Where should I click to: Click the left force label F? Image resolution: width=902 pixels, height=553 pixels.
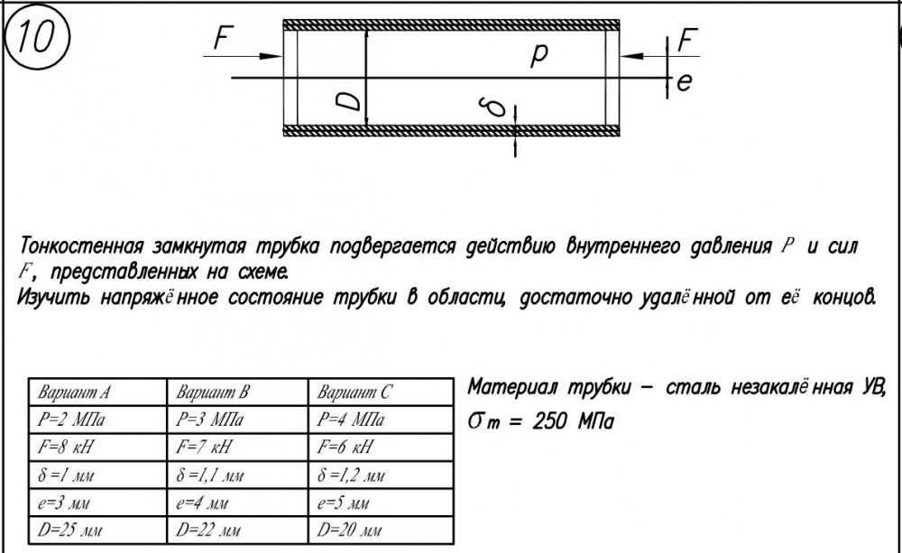coord(223,39)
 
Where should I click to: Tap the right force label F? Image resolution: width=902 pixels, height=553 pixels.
coord(686,40)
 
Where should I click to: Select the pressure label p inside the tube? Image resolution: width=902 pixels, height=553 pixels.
coord(539,55)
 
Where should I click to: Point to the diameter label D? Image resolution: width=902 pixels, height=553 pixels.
coord(348,101)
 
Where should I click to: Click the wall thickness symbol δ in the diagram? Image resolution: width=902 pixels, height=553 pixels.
coord(494,107)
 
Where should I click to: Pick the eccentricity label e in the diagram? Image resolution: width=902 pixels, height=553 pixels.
coord(684,82)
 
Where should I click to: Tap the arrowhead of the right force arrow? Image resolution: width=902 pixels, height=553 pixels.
coord(631,57)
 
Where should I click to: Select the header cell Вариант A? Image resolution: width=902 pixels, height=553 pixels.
coord(74,392)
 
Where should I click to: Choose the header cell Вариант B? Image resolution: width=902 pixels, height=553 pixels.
coord(212,392)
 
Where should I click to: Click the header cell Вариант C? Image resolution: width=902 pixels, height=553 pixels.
coord(354,392)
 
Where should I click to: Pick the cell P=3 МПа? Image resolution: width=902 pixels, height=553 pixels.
coord(209,419)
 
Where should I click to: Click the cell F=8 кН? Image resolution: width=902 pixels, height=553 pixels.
coord(65,447)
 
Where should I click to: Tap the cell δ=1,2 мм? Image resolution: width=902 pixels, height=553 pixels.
coord(350,475)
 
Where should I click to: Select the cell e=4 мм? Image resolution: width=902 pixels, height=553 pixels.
coord(202,503)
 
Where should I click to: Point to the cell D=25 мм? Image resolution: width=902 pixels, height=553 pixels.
coord(69,530)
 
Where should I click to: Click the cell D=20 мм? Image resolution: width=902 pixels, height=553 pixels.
coord(349,530)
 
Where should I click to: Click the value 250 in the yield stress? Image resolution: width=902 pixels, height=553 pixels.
coord(551,422)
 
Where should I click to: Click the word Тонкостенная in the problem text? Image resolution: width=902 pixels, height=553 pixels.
coord(81,246)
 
